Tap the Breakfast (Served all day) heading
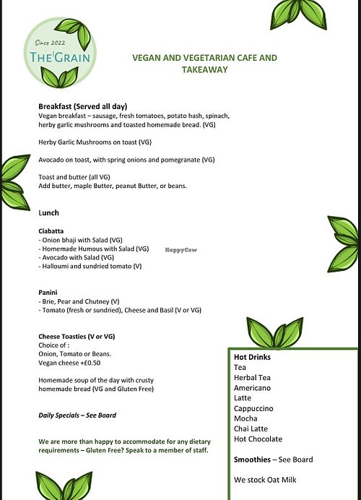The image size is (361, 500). [x=82, y=106]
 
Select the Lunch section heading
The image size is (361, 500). [x=49, y=212]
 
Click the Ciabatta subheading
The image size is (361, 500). [x=54, y=230]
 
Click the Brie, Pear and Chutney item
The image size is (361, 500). [x=79, y=301]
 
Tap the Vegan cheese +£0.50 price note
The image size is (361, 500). [x=69, y=363]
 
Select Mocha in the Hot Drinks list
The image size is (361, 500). [x=245, y=418]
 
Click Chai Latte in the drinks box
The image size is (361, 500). [x=251, y=428]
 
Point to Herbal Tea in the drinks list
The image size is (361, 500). [x=252, y=377]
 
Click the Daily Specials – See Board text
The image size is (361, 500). [x=77, y=415]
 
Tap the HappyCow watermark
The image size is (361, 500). [x=180, y=249]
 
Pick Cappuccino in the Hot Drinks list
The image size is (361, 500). [x=253, y=408]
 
